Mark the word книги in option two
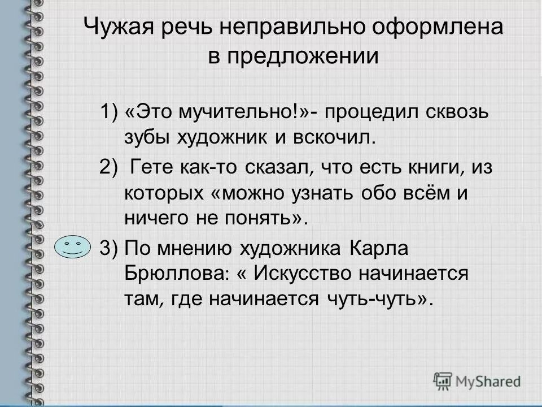tap(408, 167)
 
